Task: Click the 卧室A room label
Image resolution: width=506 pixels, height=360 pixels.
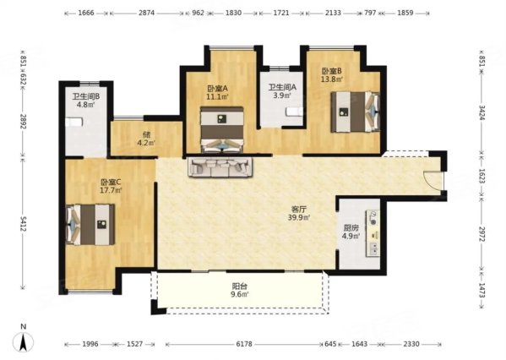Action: [x=217, y=88]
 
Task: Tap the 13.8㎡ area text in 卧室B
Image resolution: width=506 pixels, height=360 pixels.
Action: [x=331, y=79]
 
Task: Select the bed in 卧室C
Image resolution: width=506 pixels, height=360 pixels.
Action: [x=90, y=225]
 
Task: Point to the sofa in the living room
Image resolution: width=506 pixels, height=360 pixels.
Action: [x=220, y=167]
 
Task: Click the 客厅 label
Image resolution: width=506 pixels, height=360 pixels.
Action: [x=298, y=209]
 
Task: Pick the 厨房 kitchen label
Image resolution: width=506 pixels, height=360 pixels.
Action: [x=351, y=228]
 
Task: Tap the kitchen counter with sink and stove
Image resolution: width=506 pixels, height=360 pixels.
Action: [x=373, y=233]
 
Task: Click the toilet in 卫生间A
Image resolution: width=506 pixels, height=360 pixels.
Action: [x=294, y=112]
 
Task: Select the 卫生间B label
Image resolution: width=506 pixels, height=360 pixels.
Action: [x=85, y=96]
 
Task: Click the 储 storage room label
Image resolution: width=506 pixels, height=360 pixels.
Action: [x=146, y=134]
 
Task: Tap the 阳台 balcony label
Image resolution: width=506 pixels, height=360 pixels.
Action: [x=240, y=286]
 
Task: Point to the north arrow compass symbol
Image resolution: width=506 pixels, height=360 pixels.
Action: [x=24, y=341]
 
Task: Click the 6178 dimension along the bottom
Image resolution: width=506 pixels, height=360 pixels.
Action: [x=244, y=344]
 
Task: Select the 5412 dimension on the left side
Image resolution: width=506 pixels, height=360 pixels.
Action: [x=23, y=224]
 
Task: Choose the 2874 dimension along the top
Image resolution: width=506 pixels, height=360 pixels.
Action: [x=146, y=13]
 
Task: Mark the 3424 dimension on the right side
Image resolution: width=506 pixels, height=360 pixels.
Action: [x=482, y=112]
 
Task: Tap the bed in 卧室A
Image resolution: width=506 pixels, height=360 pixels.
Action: [x=221, y=129]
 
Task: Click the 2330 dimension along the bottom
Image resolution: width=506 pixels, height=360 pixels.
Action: [x=411, y=344]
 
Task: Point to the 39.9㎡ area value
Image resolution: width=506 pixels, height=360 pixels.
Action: [x=299, y=218]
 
